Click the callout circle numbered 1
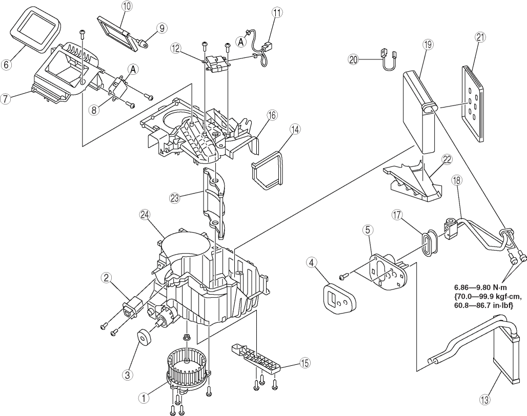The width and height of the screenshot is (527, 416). (x=144, y=398)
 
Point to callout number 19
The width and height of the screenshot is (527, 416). (x=428, y=45)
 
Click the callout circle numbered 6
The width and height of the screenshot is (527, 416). (x=6, y=64)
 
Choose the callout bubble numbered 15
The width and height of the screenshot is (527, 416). (x=305, y=363)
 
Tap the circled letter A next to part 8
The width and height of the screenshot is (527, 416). (x=133, y=70)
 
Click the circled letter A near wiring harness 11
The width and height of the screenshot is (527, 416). (x=240, y=41)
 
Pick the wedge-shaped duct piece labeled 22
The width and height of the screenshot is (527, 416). (x=413, y=181)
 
